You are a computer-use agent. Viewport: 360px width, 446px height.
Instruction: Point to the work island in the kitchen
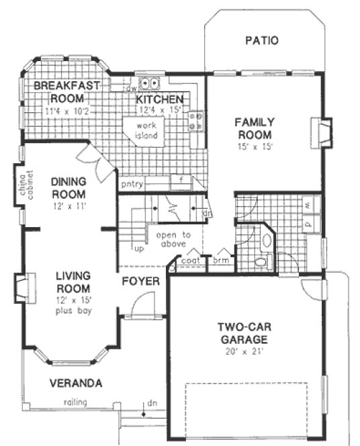pyautogui.click(x=148, y=130)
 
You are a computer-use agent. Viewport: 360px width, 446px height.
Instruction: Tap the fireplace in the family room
pyautogui.click(x=324, y=132)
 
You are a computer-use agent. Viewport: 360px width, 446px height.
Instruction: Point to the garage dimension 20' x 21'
pyautogui.click(x=243, y=350)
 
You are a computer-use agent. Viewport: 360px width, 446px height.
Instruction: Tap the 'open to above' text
pyautogui.click(x=173, y=240)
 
